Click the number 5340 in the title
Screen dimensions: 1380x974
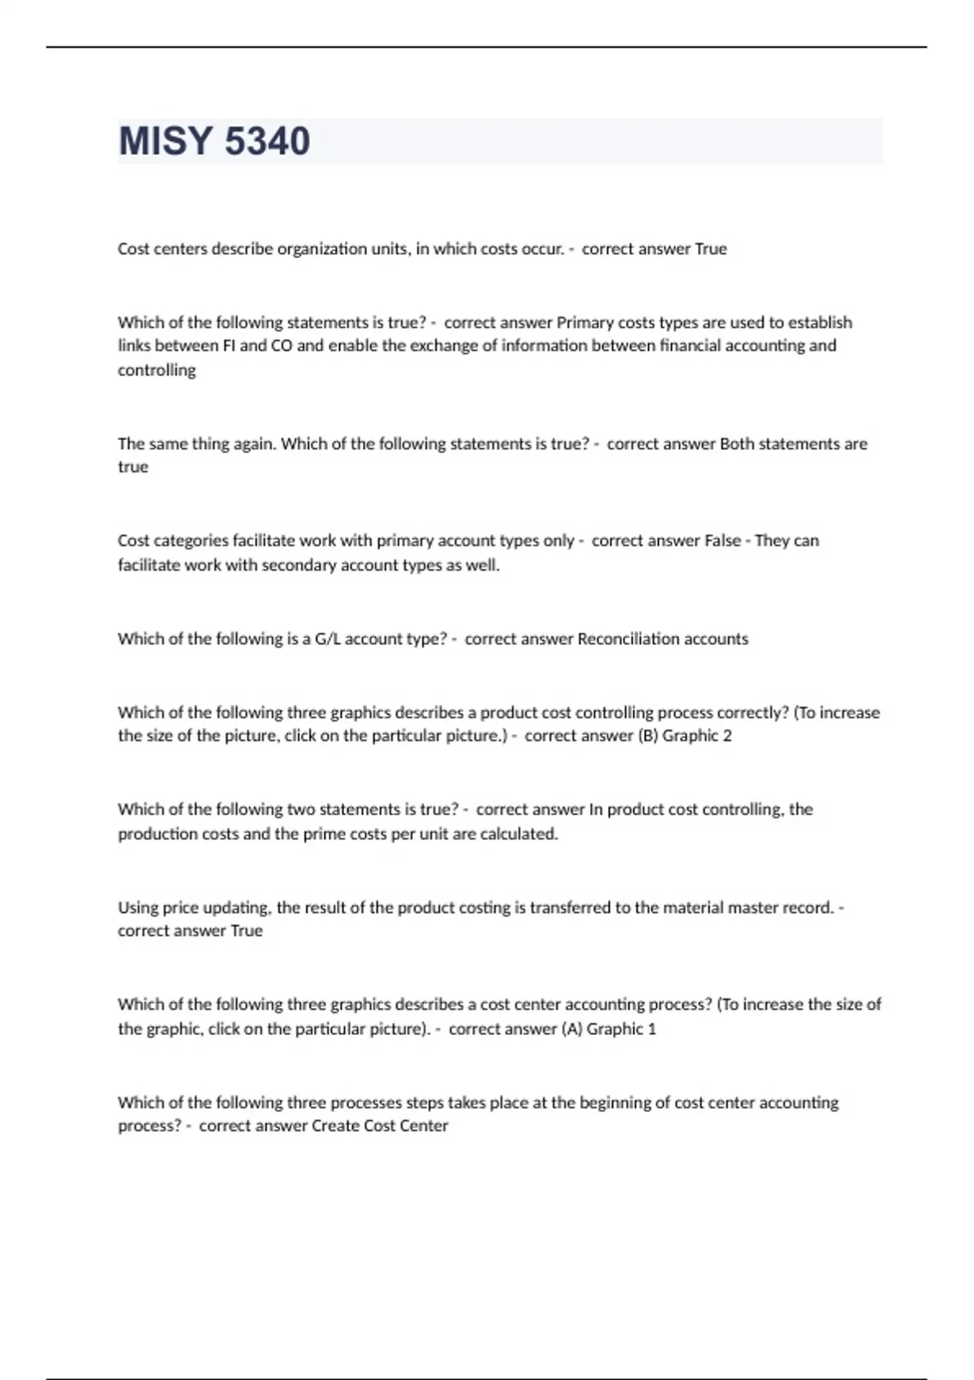tap(267, 141)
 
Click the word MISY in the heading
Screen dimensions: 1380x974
tap(166, 141)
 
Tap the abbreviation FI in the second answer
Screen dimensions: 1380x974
tap(229, 346)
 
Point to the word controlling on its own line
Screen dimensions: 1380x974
tap(157, 370)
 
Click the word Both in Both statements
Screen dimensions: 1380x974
tap(737, 444)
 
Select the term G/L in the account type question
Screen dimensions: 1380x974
tap(328, 639)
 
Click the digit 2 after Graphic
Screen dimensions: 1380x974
tap(727, 736)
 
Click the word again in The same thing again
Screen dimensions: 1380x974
tap(253, 444)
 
